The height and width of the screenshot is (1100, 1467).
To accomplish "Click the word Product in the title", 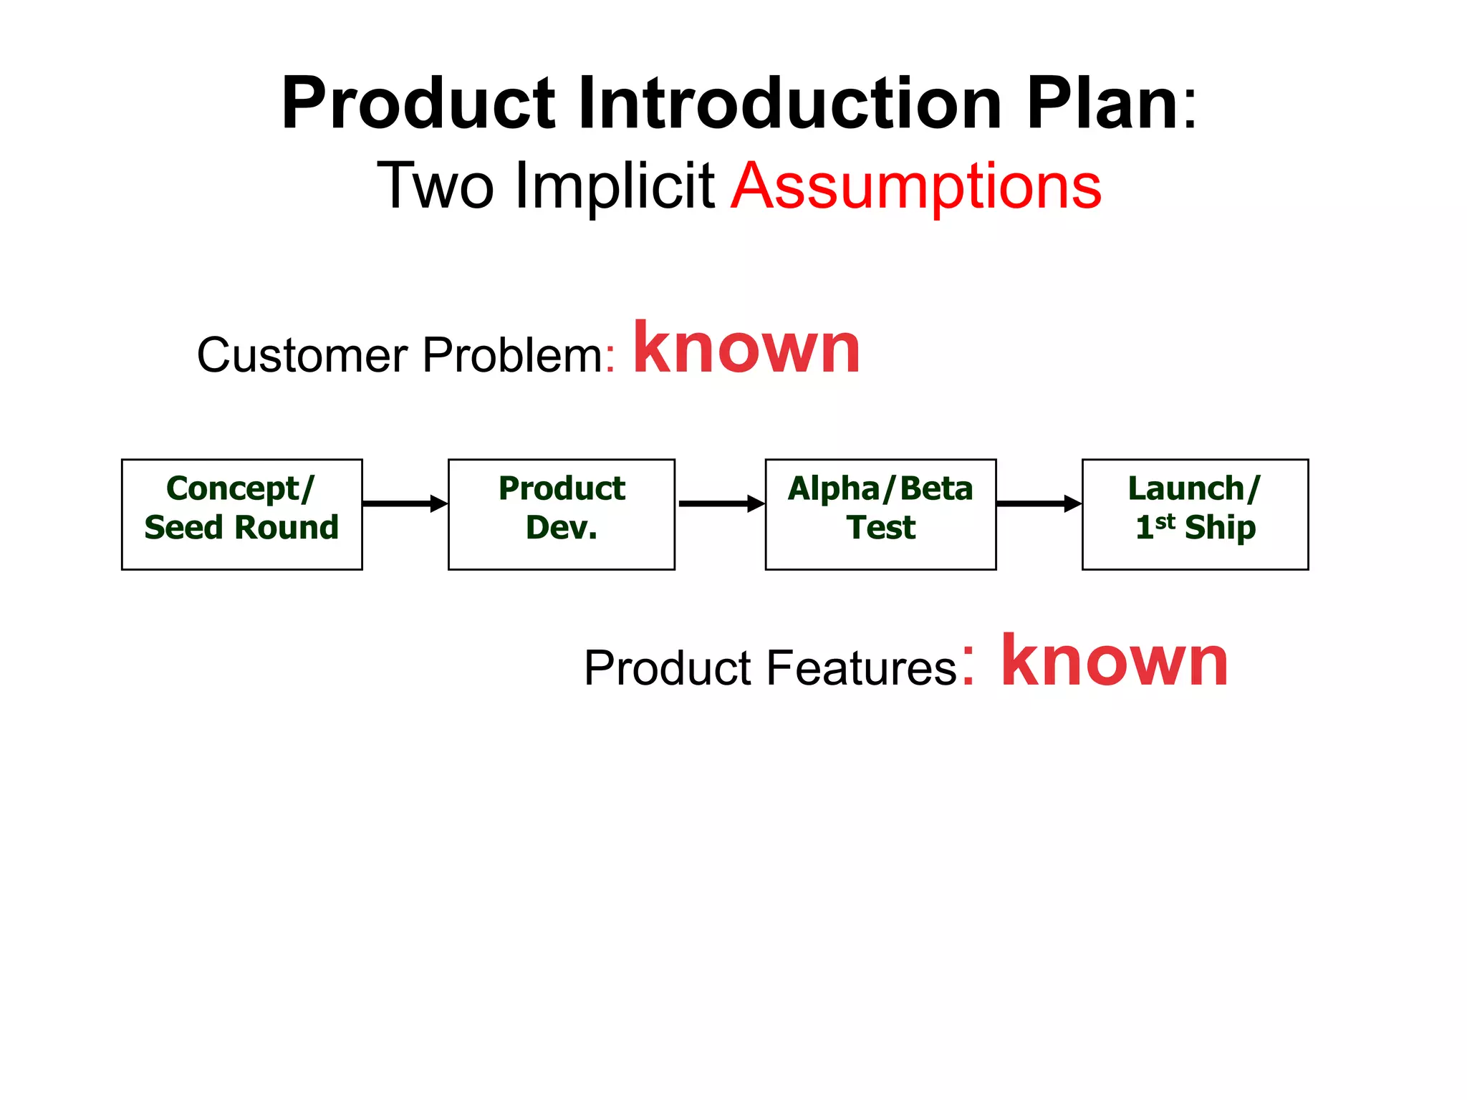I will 418,104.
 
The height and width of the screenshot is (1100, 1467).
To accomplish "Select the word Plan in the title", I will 1103,104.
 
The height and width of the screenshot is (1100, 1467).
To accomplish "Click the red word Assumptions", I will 916,187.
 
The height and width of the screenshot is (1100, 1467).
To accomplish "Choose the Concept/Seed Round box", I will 242,514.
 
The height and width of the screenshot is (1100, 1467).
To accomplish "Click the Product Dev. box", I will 561,514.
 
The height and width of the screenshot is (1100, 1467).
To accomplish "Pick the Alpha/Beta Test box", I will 880,514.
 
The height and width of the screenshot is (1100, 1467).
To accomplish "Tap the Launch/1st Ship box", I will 1195,514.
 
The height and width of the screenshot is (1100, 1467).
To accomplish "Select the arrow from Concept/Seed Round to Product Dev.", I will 405,503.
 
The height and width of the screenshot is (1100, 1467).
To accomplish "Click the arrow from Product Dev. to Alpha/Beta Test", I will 721,503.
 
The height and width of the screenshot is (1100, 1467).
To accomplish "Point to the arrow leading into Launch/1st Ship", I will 1039,503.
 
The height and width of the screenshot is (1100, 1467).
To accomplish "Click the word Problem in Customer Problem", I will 513,355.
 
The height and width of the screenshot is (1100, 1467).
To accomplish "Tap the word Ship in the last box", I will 1220,528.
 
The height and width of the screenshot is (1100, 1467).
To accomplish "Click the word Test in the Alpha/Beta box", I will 880,528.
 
